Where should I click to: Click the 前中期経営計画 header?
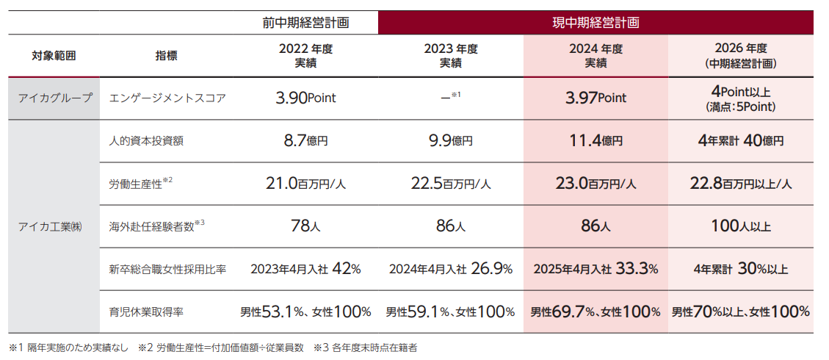click(305, 22)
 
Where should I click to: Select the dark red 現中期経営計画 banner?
click(595, 22)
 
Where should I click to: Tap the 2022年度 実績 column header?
click(305, 56)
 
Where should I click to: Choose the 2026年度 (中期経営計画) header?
click(739, 56)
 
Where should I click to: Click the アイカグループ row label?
click(54, 98)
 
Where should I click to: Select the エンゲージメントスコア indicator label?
click(164, 98)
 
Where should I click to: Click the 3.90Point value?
click(305, 98)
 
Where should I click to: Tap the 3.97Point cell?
click(595, 98)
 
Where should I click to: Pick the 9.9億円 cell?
click(450, 141)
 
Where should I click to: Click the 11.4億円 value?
click(595, 141)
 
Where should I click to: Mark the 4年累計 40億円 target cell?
click(739, 141)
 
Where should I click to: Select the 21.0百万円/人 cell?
click(305, 184)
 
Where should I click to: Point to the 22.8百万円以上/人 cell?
click(739, 184)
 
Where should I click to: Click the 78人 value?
click(305, 226)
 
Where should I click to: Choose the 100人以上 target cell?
click(739, 226)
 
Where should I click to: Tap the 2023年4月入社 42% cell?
click(305, 269)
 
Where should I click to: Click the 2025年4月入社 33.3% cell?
click(595, 269)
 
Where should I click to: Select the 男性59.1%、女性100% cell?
click(450, 312)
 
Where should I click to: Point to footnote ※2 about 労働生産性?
click(220, 347)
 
